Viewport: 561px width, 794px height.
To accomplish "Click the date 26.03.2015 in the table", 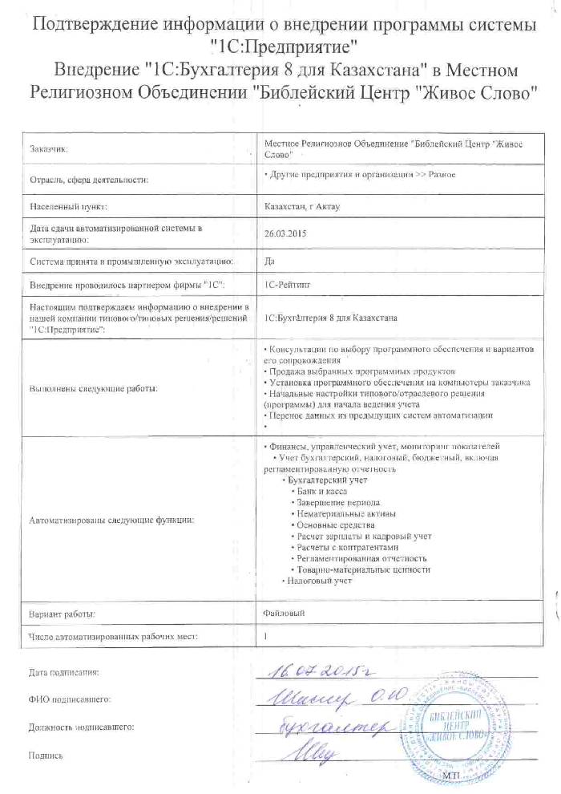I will [280, 234].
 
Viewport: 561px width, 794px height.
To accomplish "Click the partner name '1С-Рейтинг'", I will [286, 285].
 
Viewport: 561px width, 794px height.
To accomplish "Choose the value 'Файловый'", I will [284, 613].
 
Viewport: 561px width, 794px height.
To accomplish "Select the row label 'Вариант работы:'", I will [63, 615].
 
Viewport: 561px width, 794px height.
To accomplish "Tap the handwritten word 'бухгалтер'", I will [329, 727].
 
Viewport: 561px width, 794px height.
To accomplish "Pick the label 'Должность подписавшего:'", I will [80, 727].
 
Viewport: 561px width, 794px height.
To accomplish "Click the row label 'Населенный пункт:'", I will [67, 208].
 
